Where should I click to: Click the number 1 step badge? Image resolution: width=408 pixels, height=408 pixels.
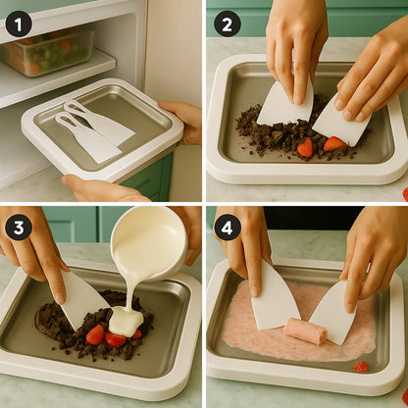pyautogui.click(x=18, y=24)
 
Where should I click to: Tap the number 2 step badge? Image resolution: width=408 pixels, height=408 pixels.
pyautogui.click(x=228, y=24)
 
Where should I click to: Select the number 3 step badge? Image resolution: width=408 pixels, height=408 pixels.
pyautogui.click(x=18, y=228)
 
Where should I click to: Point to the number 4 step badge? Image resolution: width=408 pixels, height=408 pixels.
pyautogui.click(x=228, y=228)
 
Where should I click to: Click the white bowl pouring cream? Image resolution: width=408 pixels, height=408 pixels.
pyautogui.click(x=149, y=242)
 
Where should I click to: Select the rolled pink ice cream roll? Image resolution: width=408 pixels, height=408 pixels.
pyautogui.click(x=304, y=331)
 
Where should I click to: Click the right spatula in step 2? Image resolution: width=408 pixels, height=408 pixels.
pyautogui.click(x=339, y=124)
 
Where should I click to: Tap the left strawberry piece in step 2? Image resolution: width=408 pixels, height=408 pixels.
pyautogui.click(x=306, y=147)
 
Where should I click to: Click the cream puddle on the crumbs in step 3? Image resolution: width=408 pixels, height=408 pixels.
pyautogui.click(x=126, y=321)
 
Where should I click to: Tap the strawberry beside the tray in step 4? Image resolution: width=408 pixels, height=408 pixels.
pyautogui.click(x=362, y=367)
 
